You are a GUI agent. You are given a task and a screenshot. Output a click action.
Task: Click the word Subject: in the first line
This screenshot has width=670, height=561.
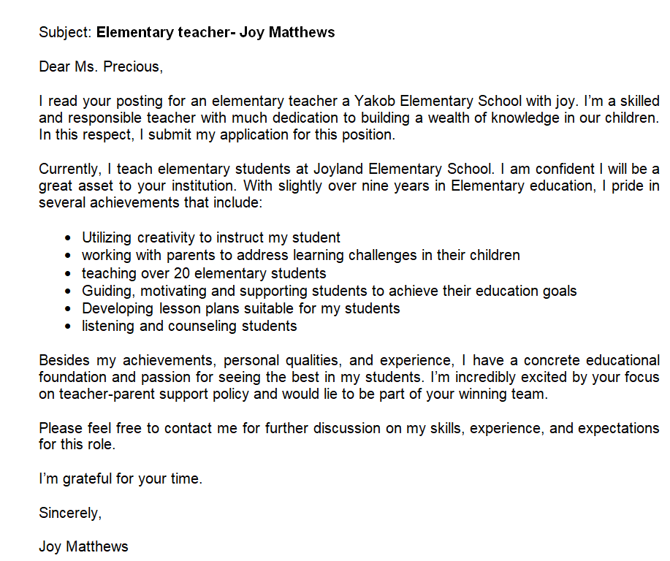coord(66,33)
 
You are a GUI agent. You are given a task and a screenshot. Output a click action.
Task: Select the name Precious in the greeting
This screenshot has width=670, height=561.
coord(131,67)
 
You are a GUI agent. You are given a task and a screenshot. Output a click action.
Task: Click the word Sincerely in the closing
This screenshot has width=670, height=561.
coord(69,513)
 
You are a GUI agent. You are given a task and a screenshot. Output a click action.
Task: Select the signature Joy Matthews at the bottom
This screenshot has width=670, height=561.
coord(83,546)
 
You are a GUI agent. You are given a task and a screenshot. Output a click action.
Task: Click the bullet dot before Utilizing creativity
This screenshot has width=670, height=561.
coord(68,238)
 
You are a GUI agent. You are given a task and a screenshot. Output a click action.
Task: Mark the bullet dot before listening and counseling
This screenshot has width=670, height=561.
coord(68,327)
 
